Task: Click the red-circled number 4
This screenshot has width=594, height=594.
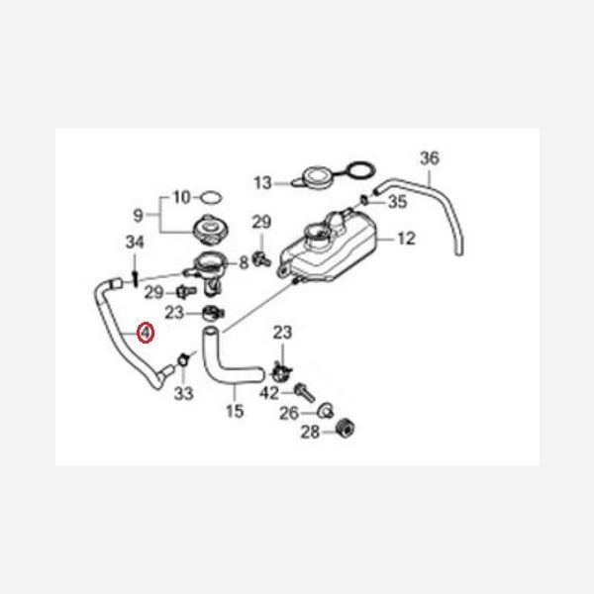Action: [146, 333]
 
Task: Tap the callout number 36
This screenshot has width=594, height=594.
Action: [430, 158]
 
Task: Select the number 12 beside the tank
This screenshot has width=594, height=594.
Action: [407, 239]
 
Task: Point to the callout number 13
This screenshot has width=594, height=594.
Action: [263, 183]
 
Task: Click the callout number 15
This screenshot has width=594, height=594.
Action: [235, 411]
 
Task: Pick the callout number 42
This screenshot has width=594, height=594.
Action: [269, 393]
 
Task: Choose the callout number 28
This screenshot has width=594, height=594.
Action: [310, 432]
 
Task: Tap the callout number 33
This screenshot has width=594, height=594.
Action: [184, 393]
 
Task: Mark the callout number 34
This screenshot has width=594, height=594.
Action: [135, 242]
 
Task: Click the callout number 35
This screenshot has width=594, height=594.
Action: [397, 202]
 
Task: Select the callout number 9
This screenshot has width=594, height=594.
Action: [139, 215]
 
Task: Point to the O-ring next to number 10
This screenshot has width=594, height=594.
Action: [211, 197]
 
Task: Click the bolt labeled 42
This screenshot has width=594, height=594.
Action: [305, 392]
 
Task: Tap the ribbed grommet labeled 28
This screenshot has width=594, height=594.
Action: [346, 429]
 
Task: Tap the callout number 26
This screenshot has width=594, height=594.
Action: [289, 413]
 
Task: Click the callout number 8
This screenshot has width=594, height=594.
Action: [244, 262]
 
